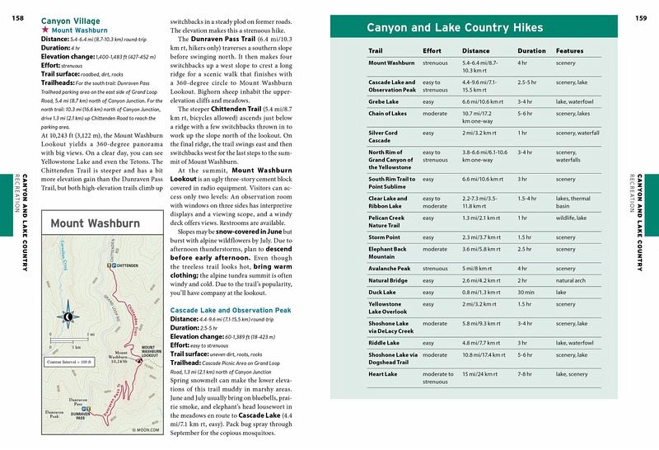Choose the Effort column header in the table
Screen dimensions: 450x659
(x=432, y=51)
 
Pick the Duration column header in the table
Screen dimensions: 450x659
(x=531, y=51)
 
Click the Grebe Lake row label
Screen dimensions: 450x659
(x=385, y=101)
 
